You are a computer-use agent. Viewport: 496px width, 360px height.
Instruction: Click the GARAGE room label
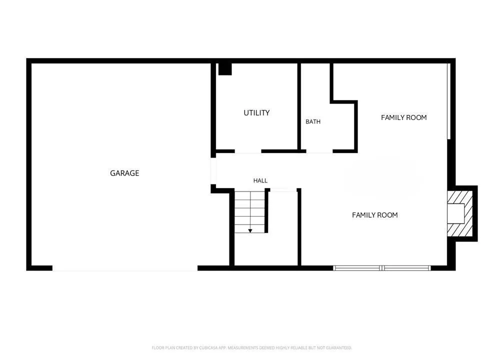click(124, 173)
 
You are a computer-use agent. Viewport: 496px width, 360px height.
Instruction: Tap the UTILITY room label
click(256, 113)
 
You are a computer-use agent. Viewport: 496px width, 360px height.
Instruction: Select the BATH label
click(313, 122)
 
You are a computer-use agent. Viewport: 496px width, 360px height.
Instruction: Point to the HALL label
click(260, 180)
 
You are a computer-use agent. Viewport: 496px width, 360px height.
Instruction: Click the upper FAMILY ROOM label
click(404, 117)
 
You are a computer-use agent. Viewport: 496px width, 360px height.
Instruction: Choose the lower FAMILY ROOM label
click(375, 215)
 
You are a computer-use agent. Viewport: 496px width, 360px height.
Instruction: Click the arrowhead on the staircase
click(250, 231)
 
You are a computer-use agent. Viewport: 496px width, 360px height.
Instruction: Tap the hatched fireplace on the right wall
click(459, 213)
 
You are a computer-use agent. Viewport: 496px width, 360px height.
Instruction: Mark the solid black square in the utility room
click(225, 69)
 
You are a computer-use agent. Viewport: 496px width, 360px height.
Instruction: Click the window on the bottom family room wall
click(382, 268)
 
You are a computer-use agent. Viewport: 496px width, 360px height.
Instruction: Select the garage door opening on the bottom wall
click(125, 268)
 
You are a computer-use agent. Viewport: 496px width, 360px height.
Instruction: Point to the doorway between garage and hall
click(213, 171)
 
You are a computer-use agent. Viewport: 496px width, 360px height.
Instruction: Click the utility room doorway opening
click(248, 151)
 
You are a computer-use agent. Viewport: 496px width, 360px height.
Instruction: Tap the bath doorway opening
click(319, 151)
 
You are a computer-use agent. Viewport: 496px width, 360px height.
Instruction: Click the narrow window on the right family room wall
click(448, 101)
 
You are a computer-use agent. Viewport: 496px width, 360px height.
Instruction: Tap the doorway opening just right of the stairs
click(283, 190)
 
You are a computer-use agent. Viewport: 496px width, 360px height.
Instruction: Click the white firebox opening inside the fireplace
click(455, 213)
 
